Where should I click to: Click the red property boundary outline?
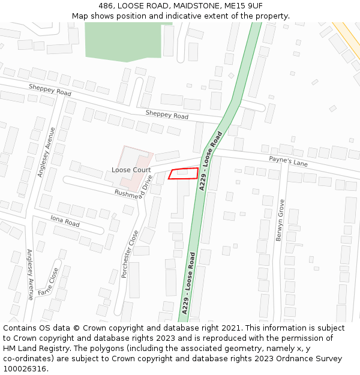click(184, 173)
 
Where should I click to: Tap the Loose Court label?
click(131, 170)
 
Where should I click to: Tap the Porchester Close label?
click(130, 254)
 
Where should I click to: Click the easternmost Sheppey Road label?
click(167, 115)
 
